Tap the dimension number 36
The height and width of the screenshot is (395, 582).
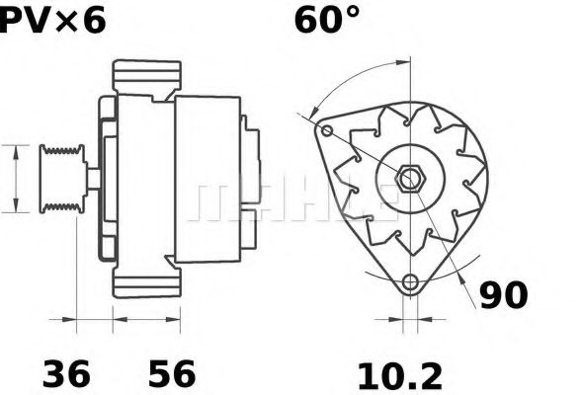[66, 374]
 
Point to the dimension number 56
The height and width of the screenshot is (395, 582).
[171, 374]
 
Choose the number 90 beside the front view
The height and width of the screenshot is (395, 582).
[503, 293]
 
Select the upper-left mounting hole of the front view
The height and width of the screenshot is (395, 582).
[327, 130]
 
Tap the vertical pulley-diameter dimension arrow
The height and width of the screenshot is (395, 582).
[17, 177]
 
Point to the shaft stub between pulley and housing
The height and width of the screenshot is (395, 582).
[91, 178]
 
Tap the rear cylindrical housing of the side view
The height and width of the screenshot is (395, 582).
[208, 178]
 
